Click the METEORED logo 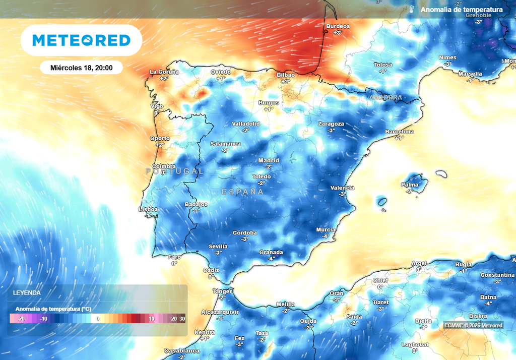pyautogui.click(x=81, y=40)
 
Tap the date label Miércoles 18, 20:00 pyautogui.click(x=81, y=67)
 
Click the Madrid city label pyautogui.click(x=269, y=161)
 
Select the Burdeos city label pyautogui.click(x=338, y=26)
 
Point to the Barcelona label pyautogui.click(x=399, y=132)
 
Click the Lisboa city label pyautogui.click(x=148, y=209)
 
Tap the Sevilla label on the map pyautogui.click(x=218, y=247)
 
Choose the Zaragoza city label pyautogui.click(x=331, y=124)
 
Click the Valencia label pyautogui.click(x=342, y=188)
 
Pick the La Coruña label pyautogui.click(x=164, y=72)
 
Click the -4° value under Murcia pyautogui.click(x=326, y=236)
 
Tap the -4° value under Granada pyautogui.click(x=271, y=258)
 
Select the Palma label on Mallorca pyautogui.click(x=410, y=185)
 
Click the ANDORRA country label pyautogui.click(x=385, y=97)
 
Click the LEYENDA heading pyautogui.click(x=27, y=292)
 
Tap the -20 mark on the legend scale pyautogui.click(x=21, y=319)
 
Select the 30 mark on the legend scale pyautogui.click(x=182, y=319)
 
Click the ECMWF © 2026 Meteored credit pyautogui.click(x=473, y=325)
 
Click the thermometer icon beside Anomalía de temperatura pyautogui.click(x=412, y=10)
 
